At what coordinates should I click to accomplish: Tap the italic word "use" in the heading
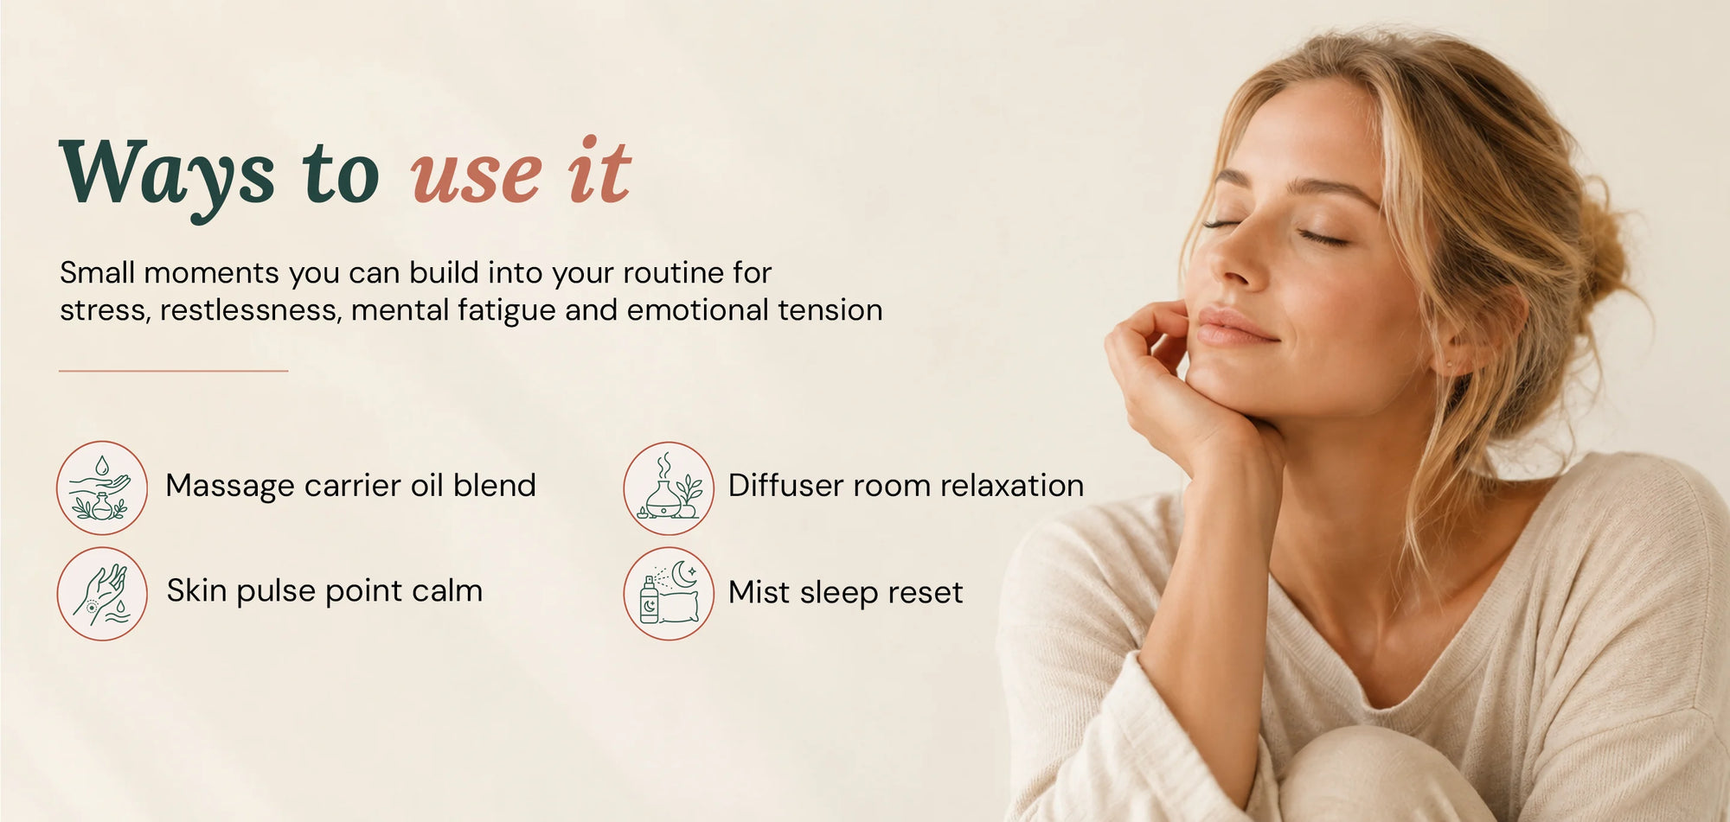tap(477, 177)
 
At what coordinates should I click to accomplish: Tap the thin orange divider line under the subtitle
tap(173, 371)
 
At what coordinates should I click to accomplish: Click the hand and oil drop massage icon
tap(102, 487)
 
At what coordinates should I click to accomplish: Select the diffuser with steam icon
tap(669, 487)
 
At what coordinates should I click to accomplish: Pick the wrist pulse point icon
tap(102, 594)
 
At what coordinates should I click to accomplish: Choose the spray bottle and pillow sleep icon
tap(669, 594)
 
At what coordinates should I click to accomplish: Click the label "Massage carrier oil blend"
tap(351, 486)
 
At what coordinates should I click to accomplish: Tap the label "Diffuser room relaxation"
tap(906, 486)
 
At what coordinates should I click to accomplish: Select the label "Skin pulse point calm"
tap(325, 591)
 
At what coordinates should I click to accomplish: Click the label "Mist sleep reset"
tap(845, 593)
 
